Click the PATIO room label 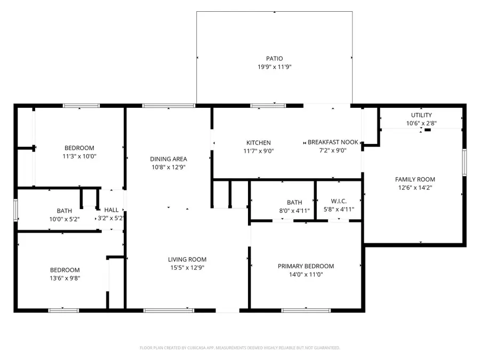tap(275, 59)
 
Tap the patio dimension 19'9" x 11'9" tap(275, 67)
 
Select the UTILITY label tap(421, 115)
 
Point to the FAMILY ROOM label tap(414, 179)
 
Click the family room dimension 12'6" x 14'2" tap(414, 188)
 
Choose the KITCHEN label tap(258, 142)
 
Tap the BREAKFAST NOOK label tap(333, 142)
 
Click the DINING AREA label tap(168, 159)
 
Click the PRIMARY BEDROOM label tap(306, 266)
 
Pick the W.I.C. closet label tap(339, 201)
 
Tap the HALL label tap(111, 210)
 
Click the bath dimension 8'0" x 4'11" tap(294, 210)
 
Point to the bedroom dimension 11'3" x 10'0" tap(79, 156)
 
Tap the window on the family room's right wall tap(464, 162)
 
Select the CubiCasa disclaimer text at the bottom tap(239, 348)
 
